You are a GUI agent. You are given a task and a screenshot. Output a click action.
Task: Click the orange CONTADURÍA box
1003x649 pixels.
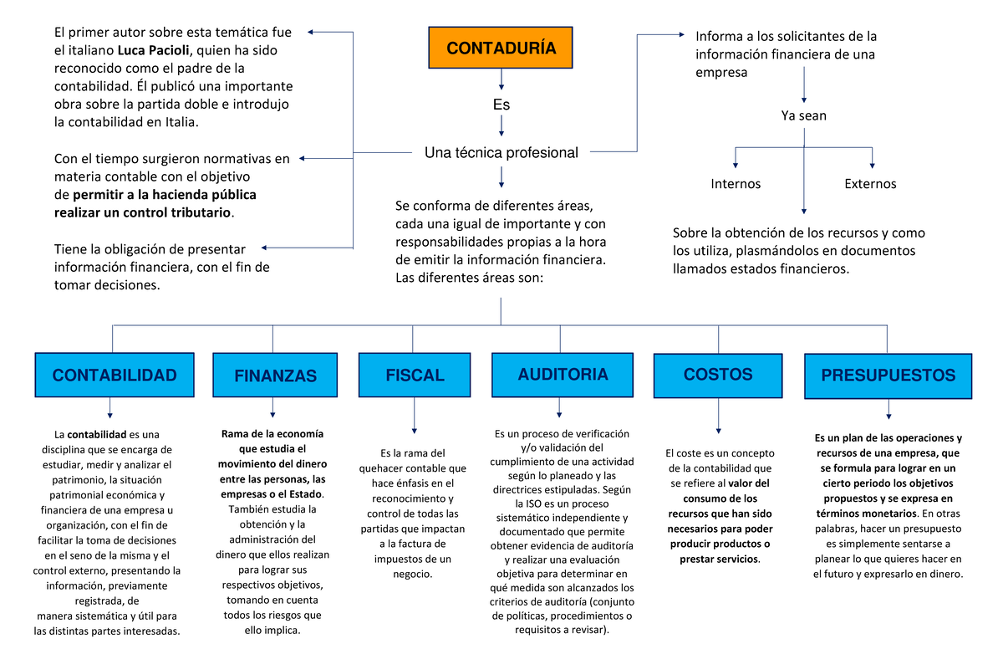tap(501, 48)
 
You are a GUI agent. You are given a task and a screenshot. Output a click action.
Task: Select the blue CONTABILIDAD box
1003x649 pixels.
tap(114, 376)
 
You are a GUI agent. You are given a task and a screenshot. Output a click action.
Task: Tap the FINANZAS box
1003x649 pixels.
tap(275, 376)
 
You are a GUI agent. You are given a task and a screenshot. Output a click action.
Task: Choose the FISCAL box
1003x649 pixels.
tap(415, 376)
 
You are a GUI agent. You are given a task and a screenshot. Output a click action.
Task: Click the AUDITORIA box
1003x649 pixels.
tap(563, 374)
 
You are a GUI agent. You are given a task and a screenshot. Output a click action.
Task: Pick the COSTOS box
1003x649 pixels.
tap(718, 375)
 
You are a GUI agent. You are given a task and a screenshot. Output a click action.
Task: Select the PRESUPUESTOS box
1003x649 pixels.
tap(888, 376)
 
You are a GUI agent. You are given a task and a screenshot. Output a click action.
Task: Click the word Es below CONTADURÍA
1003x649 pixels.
tap(501, 105)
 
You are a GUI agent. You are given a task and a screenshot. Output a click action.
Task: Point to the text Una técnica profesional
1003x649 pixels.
tap(501, 153)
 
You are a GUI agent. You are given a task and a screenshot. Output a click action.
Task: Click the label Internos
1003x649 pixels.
tap(736, 184)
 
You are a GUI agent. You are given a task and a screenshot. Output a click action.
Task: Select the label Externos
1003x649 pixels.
tap(870, 184)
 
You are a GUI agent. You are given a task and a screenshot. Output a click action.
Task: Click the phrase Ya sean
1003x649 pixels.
tap(803, 115)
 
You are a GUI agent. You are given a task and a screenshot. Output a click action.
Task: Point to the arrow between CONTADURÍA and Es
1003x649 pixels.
tap(501, 79)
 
